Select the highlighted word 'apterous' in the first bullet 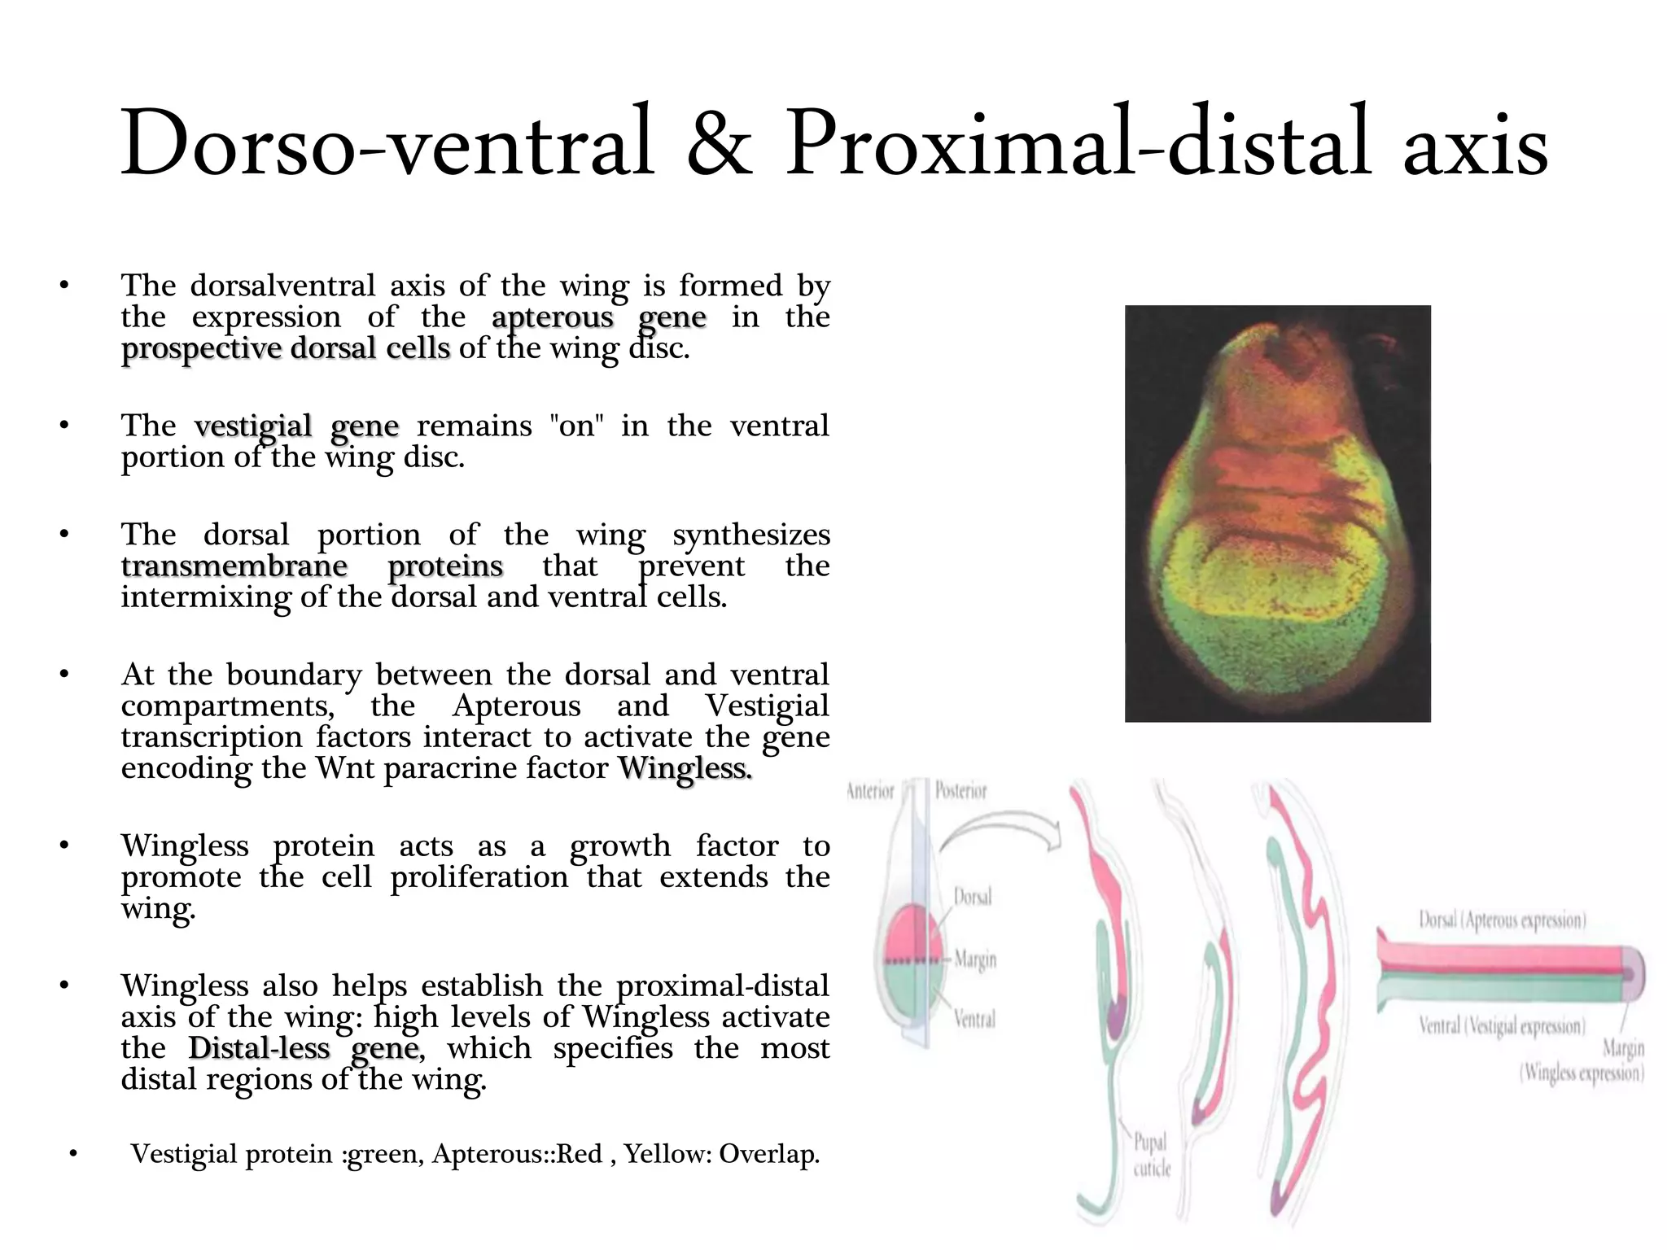(553, 317)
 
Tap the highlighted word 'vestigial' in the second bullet (253, 426)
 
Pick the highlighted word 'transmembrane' (234, 566)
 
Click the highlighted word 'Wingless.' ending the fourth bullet (685, 767)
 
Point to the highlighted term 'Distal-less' (259, 1048)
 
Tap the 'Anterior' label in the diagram (870, 791)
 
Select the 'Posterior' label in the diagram (960, 791)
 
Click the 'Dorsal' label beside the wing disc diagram (973, 897)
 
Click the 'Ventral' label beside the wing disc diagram (974, 1019)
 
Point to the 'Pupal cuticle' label (1152, 1155)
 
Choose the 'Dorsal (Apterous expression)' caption (1502, 920)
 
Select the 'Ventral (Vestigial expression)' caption (1502, 1026)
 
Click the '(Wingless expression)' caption (1582, 1073)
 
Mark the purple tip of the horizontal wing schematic (1631, 973)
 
